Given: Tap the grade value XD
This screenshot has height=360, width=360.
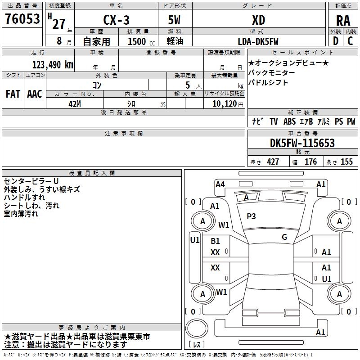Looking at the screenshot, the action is (x=258, y=20).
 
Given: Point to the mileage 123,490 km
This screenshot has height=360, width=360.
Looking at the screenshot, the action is (x=53, y=64).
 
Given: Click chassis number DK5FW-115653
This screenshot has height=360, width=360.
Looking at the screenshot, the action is (x=302, y=143).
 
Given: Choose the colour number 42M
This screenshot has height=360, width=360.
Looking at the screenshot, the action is (x=74, y=103).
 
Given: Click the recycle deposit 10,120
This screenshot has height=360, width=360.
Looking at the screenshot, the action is (x=224, y=104).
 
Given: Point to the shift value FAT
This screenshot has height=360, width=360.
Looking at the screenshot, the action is (x=13, y=94).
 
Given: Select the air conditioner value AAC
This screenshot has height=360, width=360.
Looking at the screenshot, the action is (x=35, y=94).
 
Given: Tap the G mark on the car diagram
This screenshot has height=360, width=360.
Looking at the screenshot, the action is (x=284, y=237).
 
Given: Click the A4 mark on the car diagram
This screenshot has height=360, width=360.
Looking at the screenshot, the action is (x=220, y=184).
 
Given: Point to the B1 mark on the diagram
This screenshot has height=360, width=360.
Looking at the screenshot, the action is (x=216, y=241).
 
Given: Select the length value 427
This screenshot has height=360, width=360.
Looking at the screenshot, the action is (x=273, y=162).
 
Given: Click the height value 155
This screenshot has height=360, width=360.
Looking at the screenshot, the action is (x=346, y=162).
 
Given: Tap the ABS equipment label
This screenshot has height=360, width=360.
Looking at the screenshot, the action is (x=290, y=121).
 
